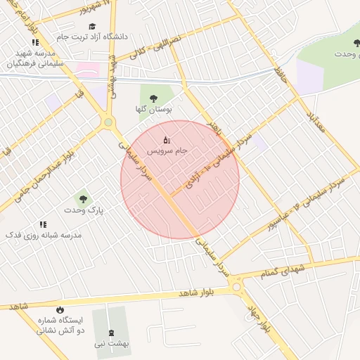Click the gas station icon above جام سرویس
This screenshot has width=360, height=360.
click(167, 139)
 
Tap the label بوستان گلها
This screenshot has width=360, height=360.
click(153, 110)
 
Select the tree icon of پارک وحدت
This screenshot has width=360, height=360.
click(84, 199)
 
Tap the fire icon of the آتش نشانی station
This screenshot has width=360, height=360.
click(60, 309)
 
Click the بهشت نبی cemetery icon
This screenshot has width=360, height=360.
click(111, 333)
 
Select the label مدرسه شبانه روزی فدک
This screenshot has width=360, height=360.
click(44, 235)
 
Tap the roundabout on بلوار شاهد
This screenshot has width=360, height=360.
click(236, 285)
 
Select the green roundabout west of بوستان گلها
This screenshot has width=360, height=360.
click(108, 122)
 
